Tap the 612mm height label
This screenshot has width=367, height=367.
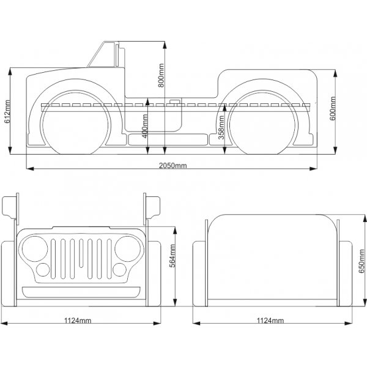[x=7, y=113]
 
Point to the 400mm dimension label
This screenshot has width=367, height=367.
[x=144, y=127]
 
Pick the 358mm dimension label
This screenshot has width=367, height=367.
[x=220, y=128]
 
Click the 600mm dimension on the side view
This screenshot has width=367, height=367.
[x=334, y=110]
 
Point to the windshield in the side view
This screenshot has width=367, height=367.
[x=101, y=55]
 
